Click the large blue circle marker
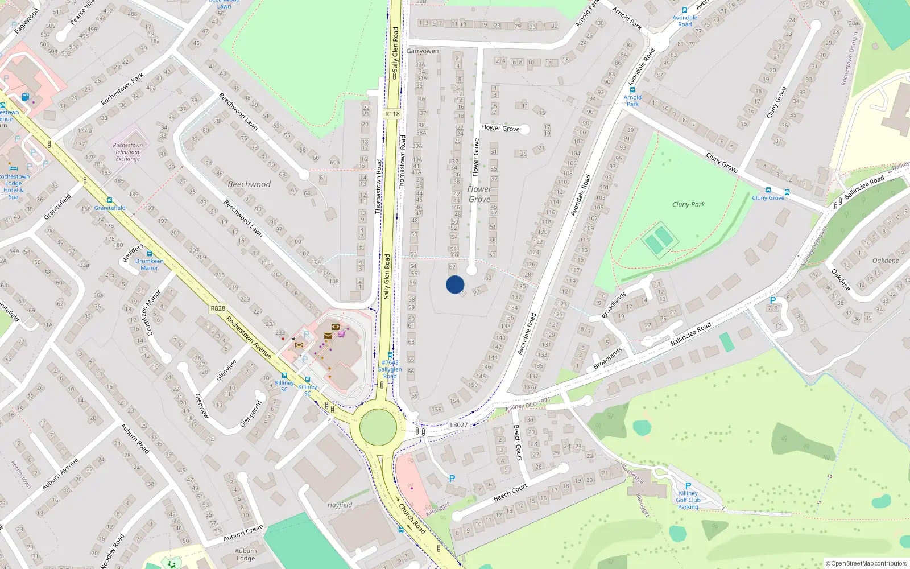point(455,284)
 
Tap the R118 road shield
point(392,114)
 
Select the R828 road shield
point(218,308)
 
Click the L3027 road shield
point(458,425)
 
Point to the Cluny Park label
point(688,204)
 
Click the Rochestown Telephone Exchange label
point(127,152)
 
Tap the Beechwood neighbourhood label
point(249,184)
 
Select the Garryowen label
point(423,51)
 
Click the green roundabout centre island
point(378,427)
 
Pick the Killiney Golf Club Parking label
point(688,500)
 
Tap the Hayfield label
point(340,505)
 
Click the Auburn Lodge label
point(246,554)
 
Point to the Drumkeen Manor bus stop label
point(149,264)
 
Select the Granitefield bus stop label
point(110,208)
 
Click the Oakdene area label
point(886,261)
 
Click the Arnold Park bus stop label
point(632,101)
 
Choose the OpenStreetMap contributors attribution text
point(866,563)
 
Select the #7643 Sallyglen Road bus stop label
point(390,369)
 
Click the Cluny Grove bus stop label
point(768,197)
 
